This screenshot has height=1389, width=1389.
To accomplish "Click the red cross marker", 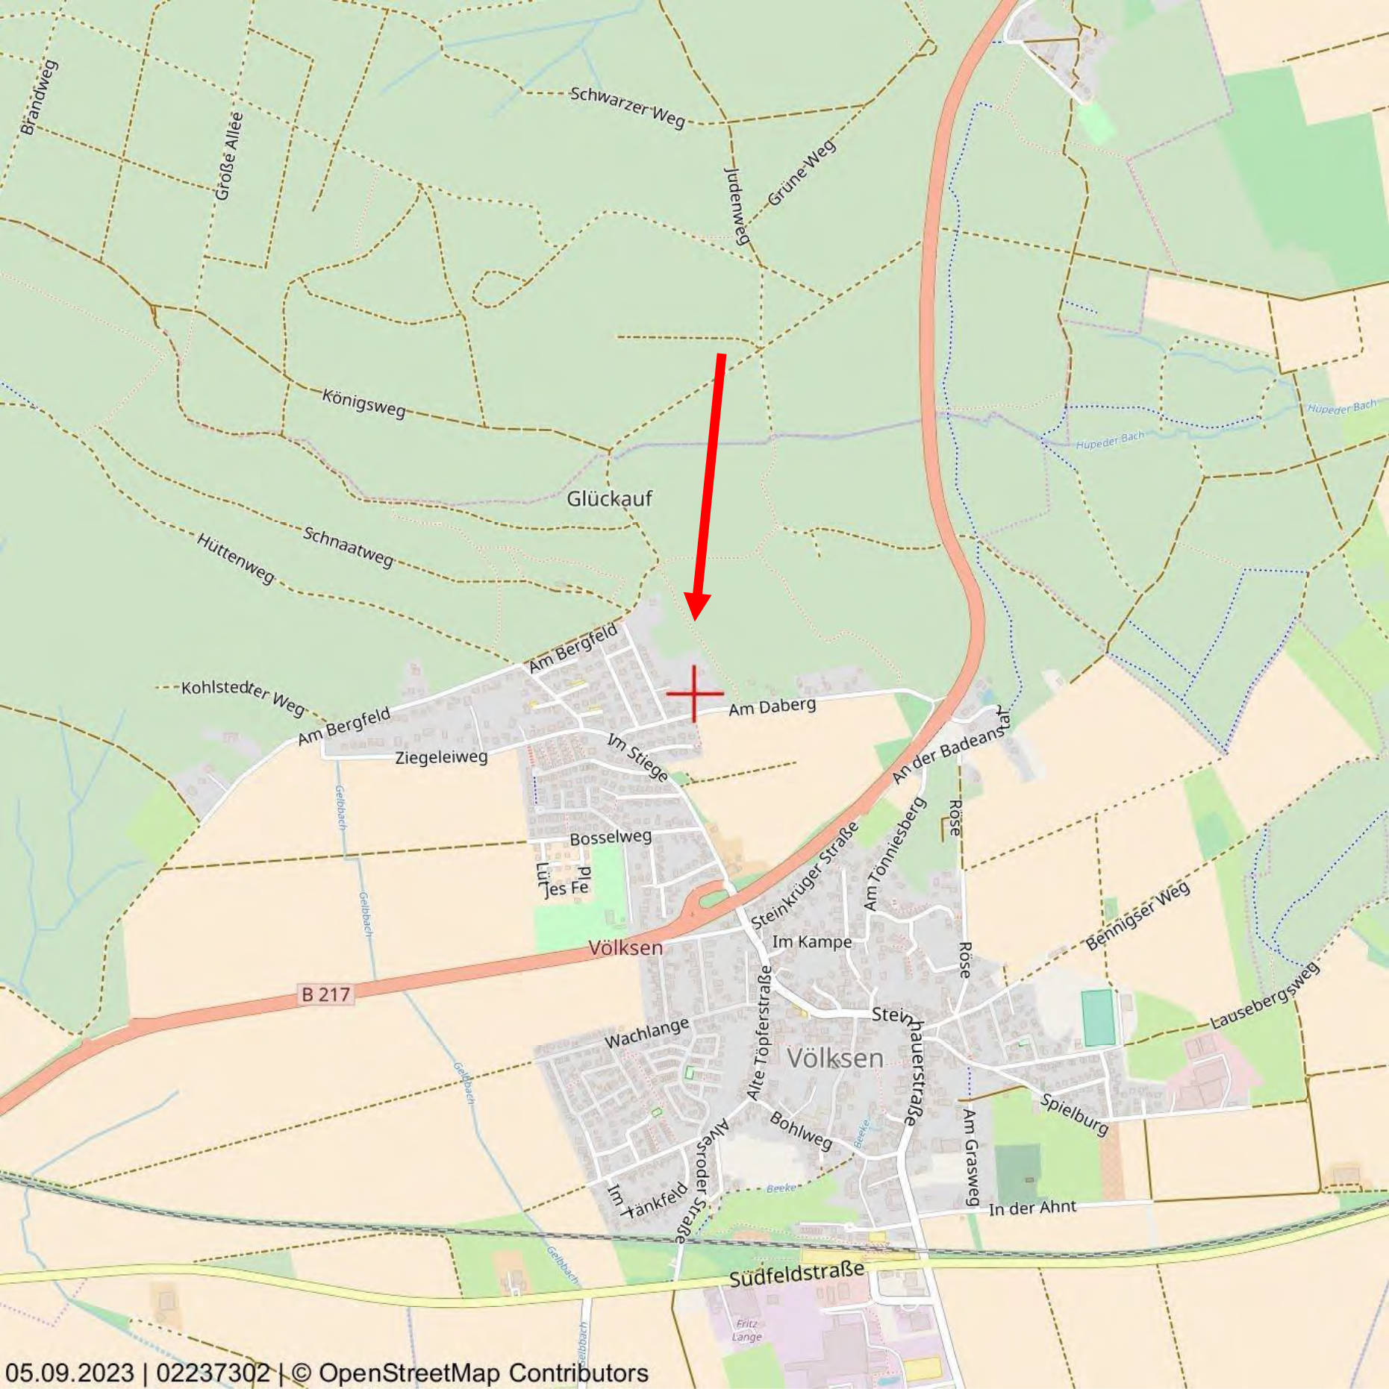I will [x=694, y=694].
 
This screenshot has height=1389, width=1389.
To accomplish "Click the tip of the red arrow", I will [x=695, y=618].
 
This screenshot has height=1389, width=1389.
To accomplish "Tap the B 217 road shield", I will [x=325, y=994].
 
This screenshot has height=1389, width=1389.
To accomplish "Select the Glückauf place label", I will [x=609, y=498].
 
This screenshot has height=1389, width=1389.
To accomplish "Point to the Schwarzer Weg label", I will [x=627, y=107].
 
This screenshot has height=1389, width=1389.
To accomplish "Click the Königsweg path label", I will [x=363, y=403].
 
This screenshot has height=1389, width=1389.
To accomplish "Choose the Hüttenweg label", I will [x=235, y=557].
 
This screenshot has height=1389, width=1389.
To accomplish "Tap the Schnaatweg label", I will [x=348, y=546].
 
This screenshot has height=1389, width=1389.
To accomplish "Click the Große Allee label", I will [x=229, y=156].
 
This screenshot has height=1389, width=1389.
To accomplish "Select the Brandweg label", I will [x=39, y=97].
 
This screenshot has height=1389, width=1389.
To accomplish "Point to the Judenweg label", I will [x=736, y=205].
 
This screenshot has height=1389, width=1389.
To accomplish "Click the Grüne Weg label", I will [x=802, y=173].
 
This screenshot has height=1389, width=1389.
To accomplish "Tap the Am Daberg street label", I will [x=772, y=706].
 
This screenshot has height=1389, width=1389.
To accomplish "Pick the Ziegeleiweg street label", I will [x=441, y=758].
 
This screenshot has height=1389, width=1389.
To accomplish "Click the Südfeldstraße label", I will [x=796, y=1274].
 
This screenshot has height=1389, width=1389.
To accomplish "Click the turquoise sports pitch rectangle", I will [x=1098, y=1018].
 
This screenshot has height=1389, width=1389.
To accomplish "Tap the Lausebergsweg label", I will [x=1264, y=997].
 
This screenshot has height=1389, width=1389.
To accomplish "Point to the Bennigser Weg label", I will [x=1137, y=915].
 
